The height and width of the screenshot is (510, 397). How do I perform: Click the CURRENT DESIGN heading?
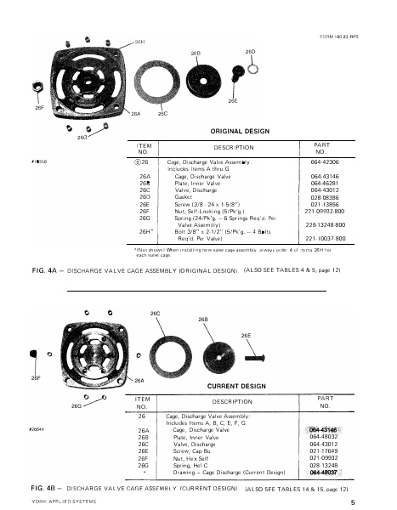(235, 386)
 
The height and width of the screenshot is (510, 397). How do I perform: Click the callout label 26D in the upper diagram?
(251, 52)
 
